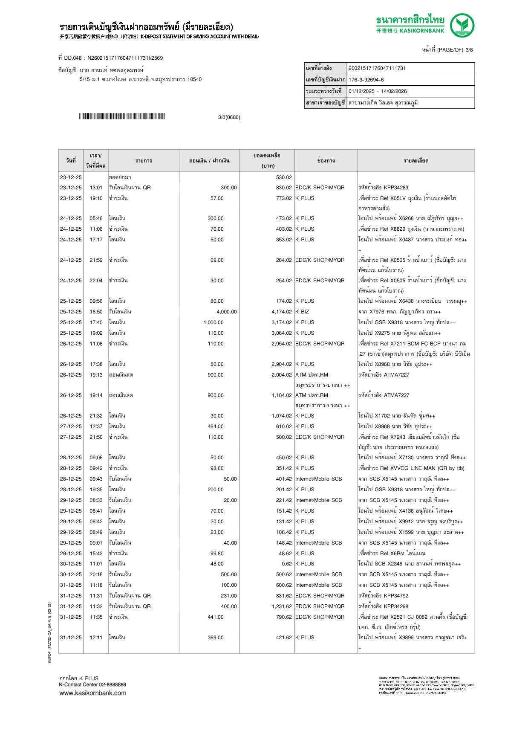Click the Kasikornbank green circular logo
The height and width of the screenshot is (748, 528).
click(462, 25)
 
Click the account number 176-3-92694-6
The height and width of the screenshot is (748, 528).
click(366, 80)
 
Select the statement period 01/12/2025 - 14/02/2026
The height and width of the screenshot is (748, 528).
click(378, 91)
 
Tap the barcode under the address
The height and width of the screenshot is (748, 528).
click(121, 116)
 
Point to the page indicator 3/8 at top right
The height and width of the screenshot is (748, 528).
click(469, 50)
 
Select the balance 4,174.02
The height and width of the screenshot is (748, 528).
click(281, 312)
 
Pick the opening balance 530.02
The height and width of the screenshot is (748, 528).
click(284, 177)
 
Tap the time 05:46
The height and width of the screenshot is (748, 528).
click(96, 218)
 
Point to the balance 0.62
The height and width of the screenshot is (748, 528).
click(287, 564)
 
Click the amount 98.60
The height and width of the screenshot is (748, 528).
click(216, 468)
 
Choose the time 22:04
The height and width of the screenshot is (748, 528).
click(96, 281)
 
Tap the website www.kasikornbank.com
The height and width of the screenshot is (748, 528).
click(92, 693)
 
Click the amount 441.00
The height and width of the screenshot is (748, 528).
click(215, 617)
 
